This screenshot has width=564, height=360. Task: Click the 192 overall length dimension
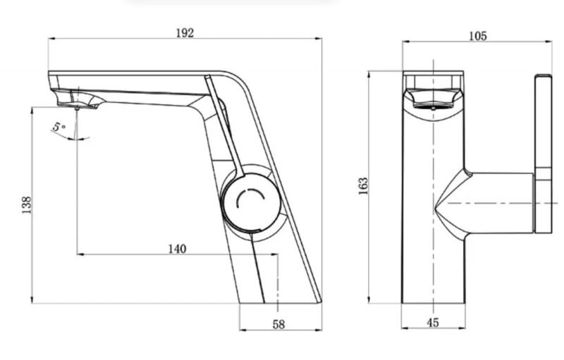tap(185, 33)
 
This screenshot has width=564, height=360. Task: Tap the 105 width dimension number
tap(478, 36)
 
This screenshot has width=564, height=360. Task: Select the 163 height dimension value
tap(363, 186)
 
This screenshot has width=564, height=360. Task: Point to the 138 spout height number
tap(27, 205)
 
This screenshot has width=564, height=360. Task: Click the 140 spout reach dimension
tap(178, 249)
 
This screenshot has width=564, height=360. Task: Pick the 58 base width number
tap(278, 325)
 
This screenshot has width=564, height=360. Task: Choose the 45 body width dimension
tap(433, 323)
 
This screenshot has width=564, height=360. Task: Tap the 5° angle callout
tap(59, 127)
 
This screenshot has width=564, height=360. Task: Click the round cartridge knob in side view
tap(251, 203)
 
